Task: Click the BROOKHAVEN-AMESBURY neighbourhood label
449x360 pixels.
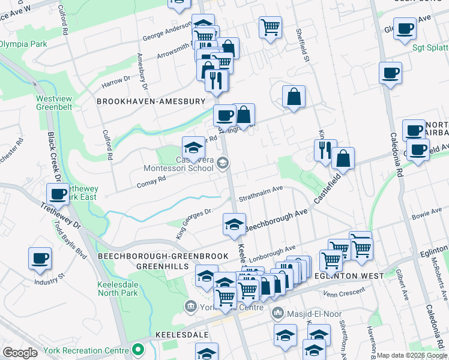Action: click(151, 102)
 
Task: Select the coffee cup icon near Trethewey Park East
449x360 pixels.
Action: click(58, 194)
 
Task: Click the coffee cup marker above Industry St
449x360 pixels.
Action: click(40, 258)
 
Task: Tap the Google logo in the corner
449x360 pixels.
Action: click(20, 353)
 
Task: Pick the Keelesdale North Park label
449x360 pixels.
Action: click(118, 289)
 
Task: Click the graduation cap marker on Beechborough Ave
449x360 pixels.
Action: click(234, 224)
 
